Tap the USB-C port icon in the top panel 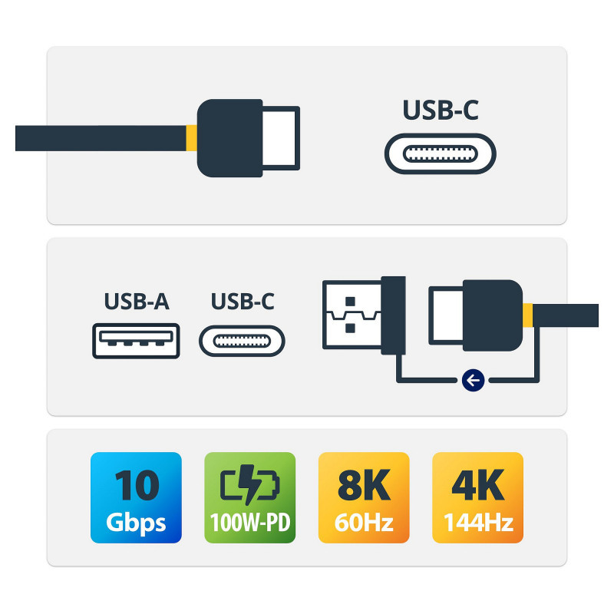pyautogui.click(x=440, y=153)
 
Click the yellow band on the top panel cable pyautogui.click(x=191, y=138)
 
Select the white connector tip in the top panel pyautogui.click(x=281, y=137)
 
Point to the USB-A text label pyautogui.click(x=137, y=302)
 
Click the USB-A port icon pyautogui.click(x=137, y=342)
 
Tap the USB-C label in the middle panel pyautogui.click(x=243, y=302)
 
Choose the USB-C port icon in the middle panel pyautogui.click(x=242, y=342)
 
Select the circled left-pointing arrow pyautogui.click(x=474, y=379)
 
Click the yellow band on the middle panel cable pyautogui.click(x=527, y=315)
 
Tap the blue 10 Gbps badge pyautogui.click(x=136, y=497)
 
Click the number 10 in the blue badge pyautogui.click(x=137, y=484)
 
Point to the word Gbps pyautogui.click(x=137, y=523)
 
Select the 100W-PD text pyautogui.click(x=249, y=524)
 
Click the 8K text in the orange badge pyautogui.click(x=364, y=484)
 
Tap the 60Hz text pyautogui.click(x=364, y=523)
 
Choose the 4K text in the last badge pyautogui.click(x=477, y=484)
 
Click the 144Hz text pyautogui.click(x=477, y=523)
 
